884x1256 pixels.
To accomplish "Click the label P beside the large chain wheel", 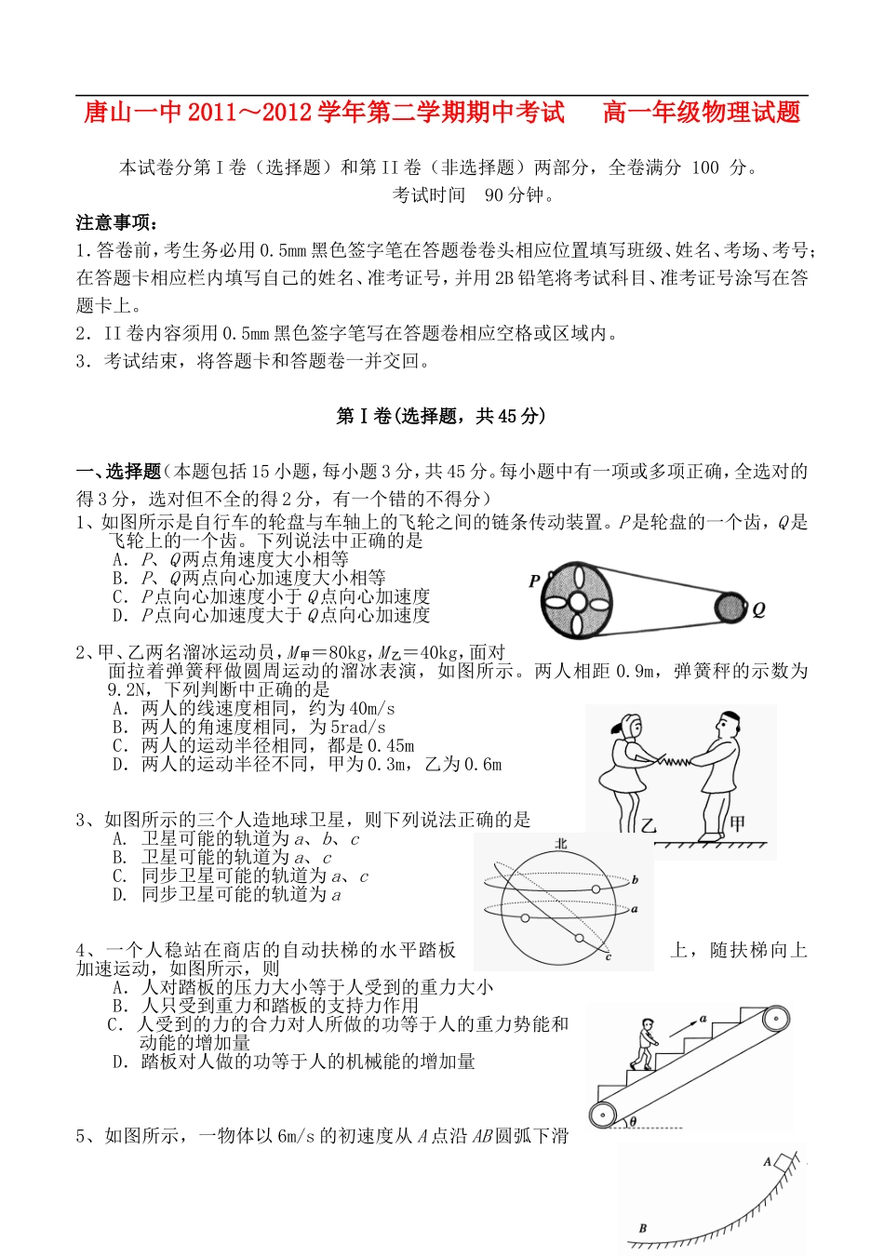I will (534, 581).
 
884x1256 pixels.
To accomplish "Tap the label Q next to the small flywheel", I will (758, 610).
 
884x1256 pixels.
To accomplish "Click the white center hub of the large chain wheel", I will (577, 601).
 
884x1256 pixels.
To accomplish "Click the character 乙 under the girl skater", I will (649, 824).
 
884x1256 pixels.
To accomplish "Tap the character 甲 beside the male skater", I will (737, 822).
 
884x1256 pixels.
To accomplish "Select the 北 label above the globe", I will (561, 843).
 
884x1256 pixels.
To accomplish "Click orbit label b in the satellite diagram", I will (635, 879).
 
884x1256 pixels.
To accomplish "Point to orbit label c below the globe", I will (608, 956).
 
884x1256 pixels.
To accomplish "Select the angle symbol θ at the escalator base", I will (633, 1121).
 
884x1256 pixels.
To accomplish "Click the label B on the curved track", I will (642, 1228).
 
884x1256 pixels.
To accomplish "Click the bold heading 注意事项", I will (117, 222).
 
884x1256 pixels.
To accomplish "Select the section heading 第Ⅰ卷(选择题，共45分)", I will (441, 416).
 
